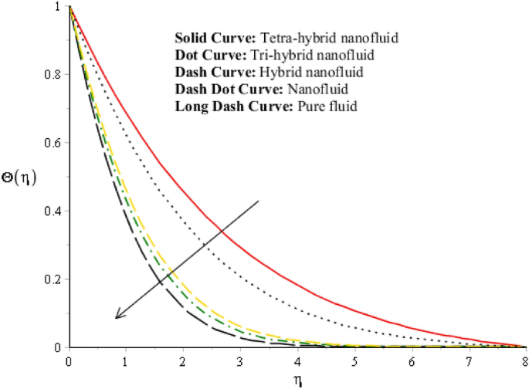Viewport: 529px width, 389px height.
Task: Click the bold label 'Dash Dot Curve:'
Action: [x=219, y=90]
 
